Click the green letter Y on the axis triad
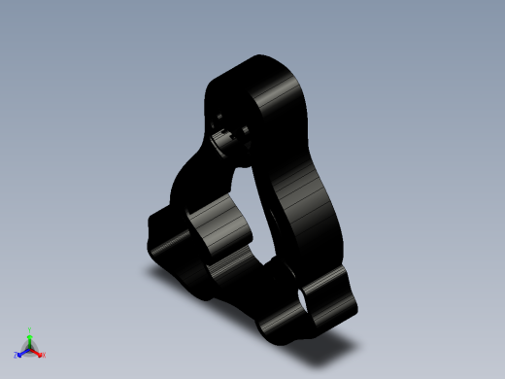click(31, 329)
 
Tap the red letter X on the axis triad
click(44, 355)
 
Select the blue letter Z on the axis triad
click(17, 355)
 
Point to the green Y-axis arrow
click(31, 339)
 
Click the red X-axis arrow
click(38, 352)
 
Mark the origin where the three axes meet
click(31, 348)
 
